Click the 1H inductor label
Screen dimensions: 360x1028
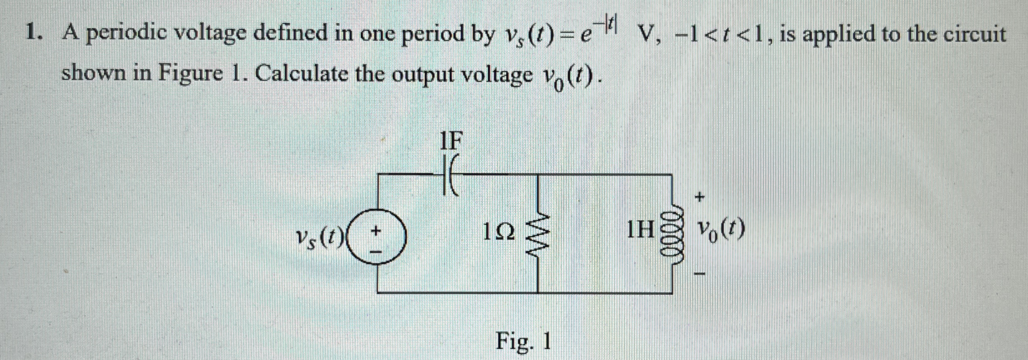pos(640,229)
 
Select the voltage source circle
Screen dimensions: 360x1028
pos(377,237)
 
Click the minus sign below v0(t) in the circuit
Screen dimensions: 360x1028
pos(700,274)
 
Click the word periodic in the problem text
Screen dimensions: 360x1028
pos(127,35)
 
